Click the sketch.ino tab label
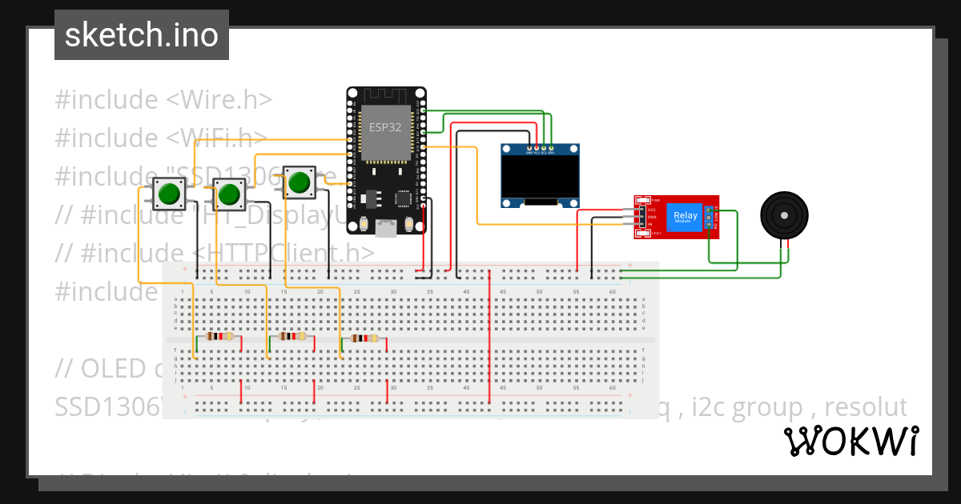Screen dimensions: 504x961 (141, 35)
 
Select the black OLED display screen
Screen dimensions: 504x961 (541, 177)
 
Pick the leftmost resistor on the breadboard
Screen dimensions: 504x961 (219, 337)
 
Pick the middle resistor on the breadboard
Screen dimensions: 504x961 (292, 337)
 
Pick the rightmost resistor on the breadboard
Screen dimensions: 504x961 (364, 338)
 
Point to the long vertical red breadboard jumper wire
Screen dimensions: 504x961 (489, 336)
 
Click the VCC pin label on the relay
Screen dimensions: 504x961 (652, 210)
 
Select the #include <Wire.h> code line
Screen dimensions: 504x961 (163, 100)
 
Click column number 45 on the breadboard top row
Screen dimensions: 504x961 (503, 292)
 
